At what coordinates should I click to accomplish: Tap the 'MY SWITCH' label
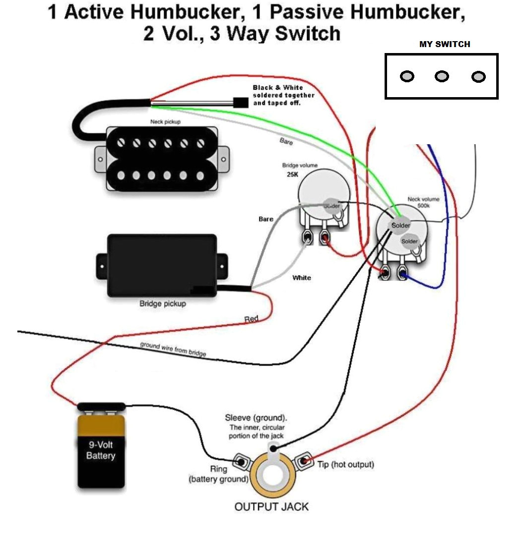pos(445,44)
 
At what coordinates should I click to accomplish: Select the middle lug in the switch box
pos(442,76)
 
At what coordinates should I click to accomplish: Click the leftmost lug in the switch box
pos(407,76)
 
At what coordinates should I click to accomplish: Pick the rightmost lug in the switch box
pos(478,77)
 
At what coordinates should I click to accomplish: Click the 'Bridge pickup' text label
pos(162,303)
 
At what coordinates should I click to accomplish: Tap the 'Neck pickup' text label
pos(165,121)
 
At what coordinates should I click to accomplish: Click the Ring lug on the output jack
pos(241,462)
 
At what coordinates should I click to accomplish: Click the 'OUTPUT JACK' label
pos(271,506)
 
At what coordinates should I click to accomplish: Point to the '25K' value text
pos(292,175)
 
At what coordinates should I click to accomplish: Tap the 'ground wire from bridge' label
pos(173,349)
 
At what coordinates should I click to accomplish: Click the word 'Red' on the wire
pos(252,319)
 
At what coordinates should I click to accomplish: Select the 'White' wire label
pos(302,278)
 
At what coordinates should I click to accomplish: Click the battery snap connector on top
pos(101,407)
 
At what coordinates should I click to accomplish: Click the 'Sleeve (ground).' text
pos(256,417)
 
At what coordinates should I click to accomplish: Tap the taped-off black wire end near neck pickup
pos(240,103)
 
